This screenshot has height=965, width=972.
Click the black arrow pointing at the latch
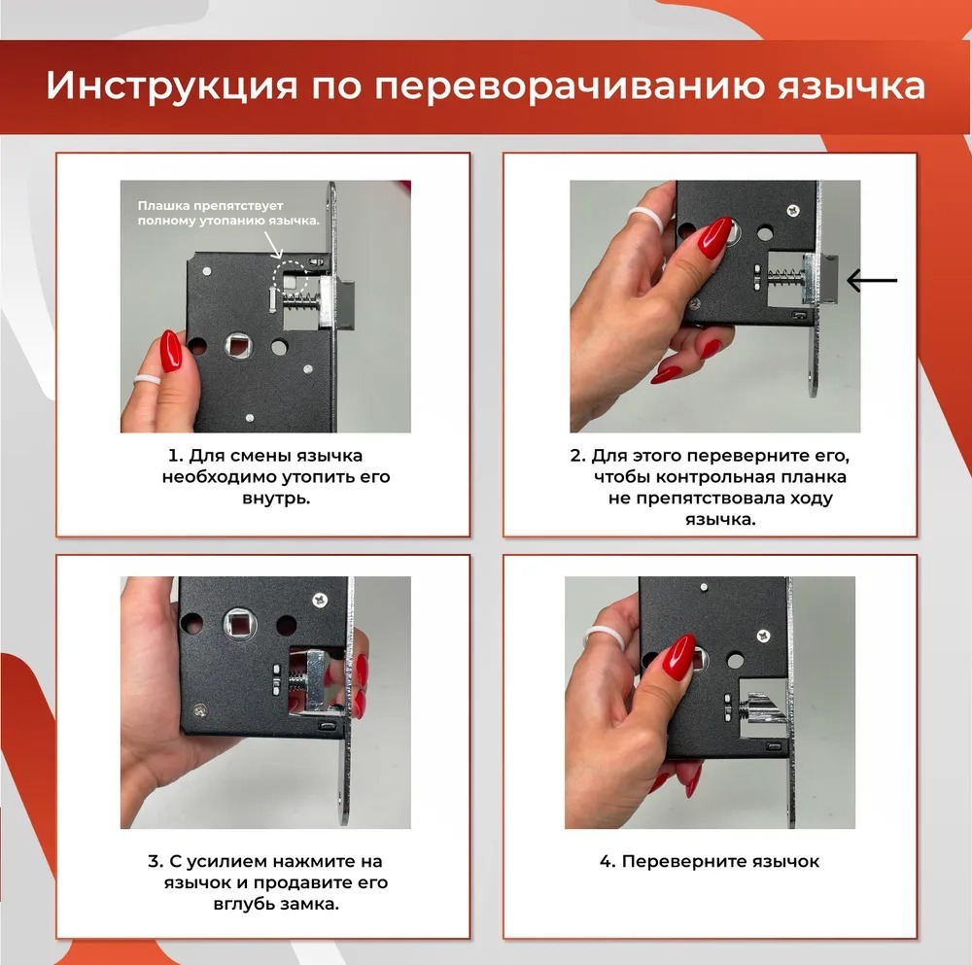[872, 281]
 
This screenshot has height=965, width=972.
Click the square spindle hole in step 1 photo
[238, 345]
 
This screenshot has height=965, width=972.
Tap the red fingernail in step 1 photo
[171, 351]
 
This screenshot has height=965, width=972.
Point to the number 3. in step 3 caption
[155, 862]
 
